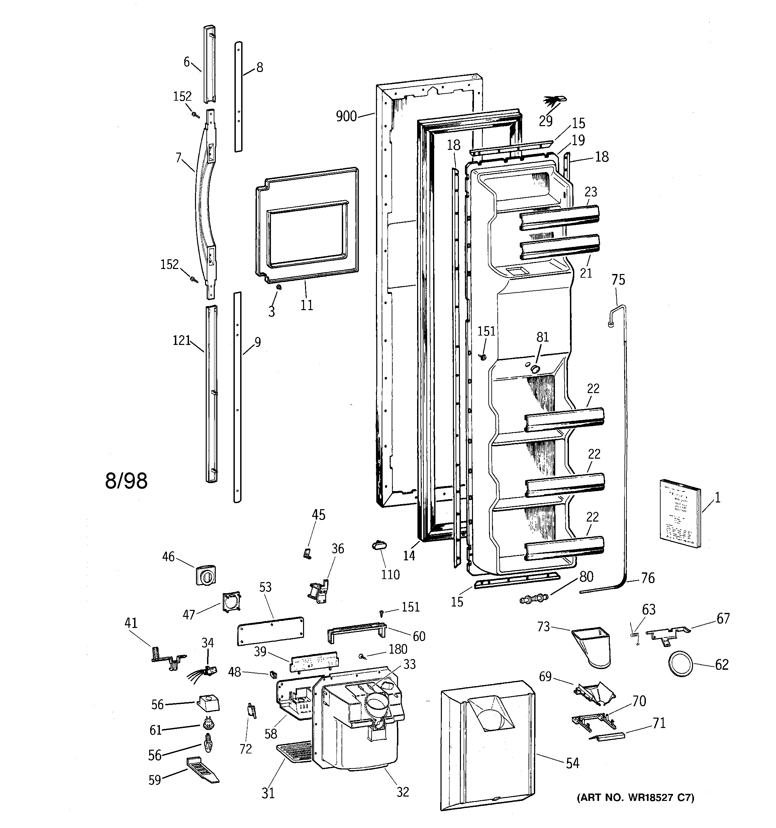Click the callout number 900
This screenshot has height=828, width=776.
pos(346,116)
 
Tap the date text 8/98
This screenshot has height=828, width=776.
pos(126,481)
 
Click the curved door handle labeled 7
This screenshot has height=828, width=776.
pos(204,204)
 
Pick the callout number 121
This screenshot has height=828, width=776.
pos(181,340)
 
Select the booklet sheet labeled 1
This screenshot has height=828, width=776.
pos(680,513)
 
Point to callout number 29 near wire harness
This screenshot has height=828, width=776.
pos(545,121)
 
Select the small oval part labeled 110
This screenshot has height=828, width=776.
pos(379,545)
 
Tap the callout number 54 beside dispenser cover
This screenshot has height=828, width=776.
pos(572,763)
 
